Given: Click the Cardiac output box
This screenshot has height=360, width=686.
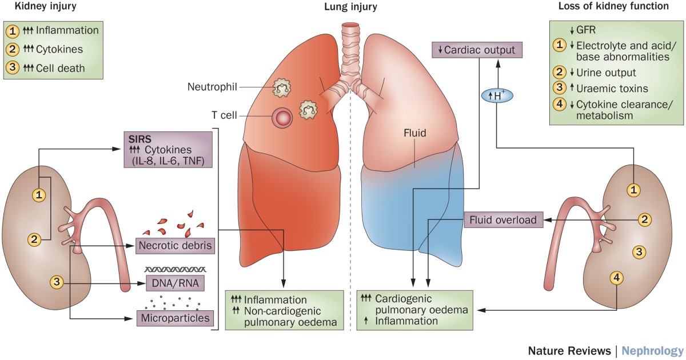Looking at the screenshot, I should [478, 50].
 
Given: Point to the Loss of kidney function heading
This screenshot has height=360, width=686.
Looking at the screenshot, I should [622, 7].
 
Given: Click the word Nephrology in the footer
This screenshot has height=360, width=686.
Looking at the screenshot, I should [652, 350].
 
